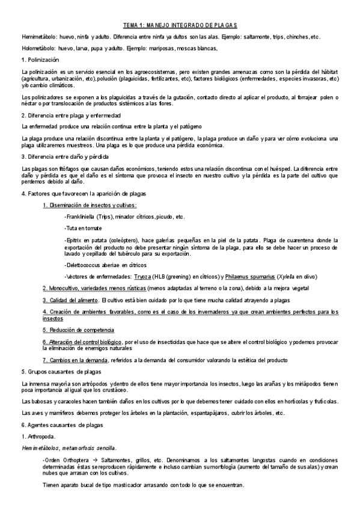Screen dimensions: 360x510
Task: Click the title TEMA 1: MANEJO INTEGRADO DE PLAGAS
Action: click(180, 25)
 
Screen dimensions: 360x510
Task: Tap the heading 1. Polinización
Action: click(40, 60)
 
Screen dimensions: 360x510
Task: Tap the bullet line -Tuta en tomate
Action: click(83, 229)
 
